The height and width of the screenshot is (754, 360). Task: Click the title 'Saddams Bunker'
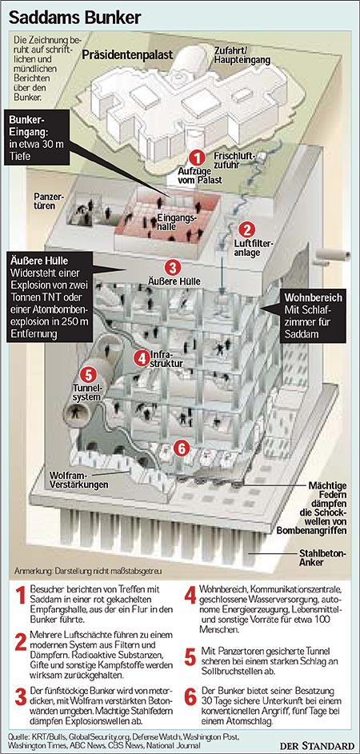[75, 18]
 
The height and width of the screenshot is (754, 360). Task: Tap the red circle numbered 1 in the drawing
[196, 158]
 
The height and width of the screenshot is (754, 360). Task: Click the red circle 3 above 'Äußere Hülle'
[173, 266]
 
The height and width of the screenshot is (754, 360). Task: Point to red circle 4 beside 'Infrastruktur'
[141, 358]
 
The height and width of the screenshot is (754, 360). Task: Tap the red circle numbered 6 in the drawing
[181, 449]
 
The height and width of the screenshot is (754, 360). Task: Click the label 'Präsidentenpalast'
[127, 55]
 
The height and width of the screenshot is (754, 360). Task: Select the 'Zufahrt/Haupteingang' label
[247, 56]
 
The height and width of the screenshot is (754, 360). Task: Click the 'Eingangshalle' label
[178, 221]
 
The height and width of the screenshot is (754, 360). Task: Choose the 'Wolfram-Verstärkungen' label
[78, 481]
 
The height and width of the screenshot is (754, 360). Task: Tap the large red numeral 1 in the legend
[20, 596]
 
